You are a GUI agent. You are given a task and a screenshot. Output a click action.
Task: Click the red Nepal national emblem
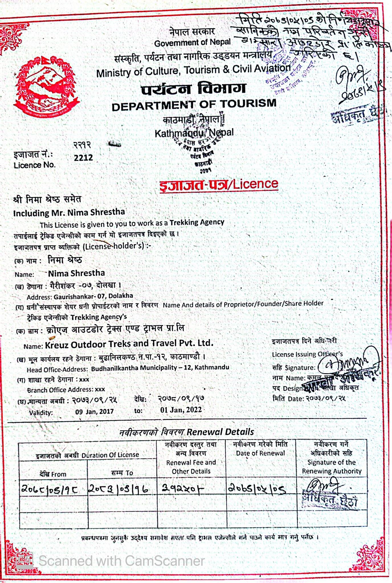[46, 87]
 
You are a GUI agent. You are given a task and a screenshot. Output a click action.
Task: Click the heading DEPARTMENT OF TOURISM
[194, 104]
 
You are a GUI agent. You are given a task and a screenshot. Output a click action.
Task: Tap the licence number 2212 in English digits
[83, 158]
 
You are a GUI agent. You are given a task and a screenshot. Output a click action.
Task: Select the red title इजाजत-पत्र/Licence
[219, 184]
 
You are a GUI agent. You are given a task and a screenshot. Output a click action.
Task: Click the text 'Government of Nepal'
[192, 43]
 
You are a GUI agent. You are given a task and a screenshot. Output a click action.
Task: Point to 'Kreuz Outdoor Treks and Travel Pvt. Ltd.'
[129, 344]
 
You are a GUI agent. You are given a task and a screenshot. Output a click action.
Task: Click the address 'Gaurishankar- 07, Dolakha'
[93, 296]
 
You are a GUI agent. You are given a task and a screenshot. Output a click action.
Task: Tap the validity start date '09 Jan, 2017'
[94, 411]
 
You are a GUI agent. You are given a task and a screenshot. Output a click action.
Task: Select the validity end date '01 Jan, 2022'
[181, 410]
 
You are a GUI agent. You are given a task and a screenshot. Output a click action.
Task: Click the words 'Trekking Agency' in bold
[197, 222]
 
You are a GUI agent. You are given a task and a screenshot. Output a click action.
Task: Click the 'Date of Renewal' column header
[260, 453]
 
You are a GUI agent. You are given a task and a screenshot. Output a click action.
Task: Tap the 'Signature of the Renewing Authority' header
[332, 467]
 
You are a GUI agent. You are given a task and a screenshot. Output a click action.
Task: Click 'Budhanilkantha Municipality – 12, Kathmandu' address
[160, 368]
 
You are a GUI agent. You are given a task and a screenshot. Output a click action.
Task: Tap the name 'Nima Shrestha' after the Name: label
[76, 273]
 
